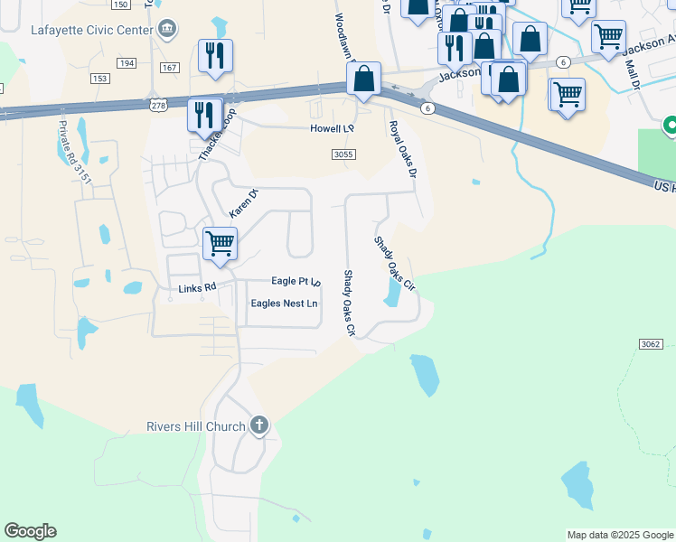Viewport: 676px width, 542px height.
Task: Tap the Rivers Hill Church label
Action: pyautogui.click(x=196, y=426)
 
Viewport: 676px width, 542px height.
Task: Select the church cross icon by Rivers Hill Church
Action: pyautogui.click(x=259, y=425)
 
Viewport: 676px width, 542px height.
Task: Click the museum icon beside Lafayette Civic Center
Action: pyautogui.click(x=168, y=29)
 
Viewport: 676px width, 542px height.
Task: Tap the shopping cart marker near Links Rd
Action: pyautogui.click(x=220, y=245)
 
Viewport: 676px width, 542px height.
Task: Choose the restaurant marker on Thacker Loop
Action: pyautogui.click(x=204, y=117)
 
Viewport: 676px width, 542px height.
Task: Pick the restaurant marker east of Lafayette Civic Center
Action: pyautogui.click(x=215, y=56)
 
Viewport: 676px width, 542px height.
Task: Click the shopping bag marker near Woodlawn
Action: pyautogui.click(x=363, y=79)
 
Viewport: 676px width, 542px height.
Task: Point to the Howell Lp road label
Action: pyautogui.click(x=332, y=129)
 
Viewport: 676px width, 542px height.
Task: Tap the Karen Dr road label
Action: pyautogui.click(x=243, y=202)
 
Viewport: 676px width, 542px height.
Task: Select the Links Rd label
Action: pyautogui.click(x=197, y=288)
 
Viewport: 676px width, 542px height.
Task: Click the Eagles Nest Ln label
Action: pyautogui.click(x=284, y=304)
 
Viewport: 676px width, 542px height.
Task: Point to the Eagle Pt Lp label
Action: pyautogui.click(x=296, y=282)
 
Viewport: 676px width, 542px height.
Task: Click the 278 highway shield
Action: pyautogui.click(x=158, y=106)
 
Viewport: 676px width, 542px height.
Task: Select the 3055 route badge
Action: pyautogui.click(x=343, y=154)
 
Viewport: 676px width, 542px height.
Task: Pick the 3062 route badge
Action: pyautogui.click(x=651, y=344)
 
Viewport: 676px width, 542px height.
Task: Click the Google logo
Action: pyautogui.click(x=30, y=531)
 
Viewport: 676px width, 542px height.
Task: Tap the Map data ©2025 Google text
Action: pyautogui.click(x=619, y=535)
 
